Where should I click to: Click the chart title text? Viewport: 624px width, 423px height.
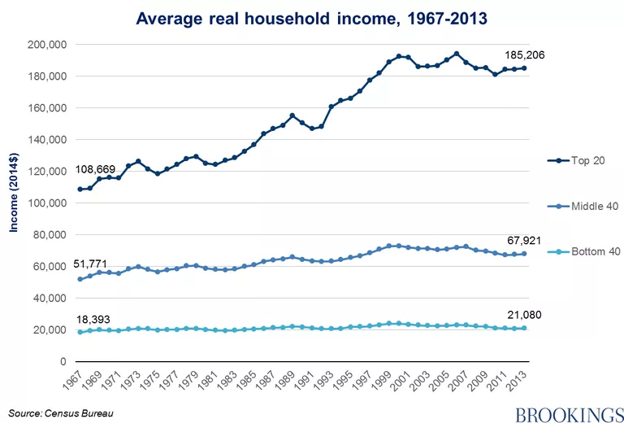pyautogui.click(x=312, y=19)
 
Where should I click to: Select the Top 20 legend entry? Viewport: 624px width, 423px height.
pyautogui.click(x=576, y=160)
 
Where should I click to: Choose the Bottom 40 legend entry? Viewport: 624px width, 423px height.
pyautogui.click(x=583, y=251)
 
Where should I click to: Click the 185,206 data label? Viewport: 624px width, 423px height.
pyautogui.click(x=525, y=55)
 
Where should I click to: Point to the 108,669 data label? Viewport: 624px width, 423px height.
pyautogui.click(x=96, y=170)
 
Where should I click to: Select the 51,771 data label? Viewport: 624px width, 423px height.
pyautogui.click(x=90, y=264)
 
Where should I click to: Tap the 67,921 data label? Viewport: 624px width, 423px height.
pyautogui.click(x=524, y=241)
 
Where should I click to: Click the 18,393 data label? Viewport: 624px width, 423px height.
pyautogui.click(x=93, y=320)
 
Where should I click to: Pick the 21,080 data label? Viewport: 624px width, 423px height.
pyautogui.click(x=524, y=315)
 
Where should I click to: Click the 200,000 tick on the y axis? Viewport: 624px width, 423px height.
pyautogui.click(x=46, y=45)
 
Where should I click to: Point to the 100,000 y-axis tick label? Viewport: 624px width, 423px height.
pyautogui.click(x=46, y=203)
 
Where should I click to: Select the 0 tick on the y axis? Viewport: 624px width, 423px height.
pyautogui.click(x=63, y=362)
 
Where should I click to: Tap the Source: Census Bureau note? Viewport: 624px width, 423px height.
pyautogui.click(x=61, y=413)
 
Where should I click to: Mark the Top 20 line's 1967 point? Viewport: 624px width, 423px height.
pyautogui.click(x=80, y=190)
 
